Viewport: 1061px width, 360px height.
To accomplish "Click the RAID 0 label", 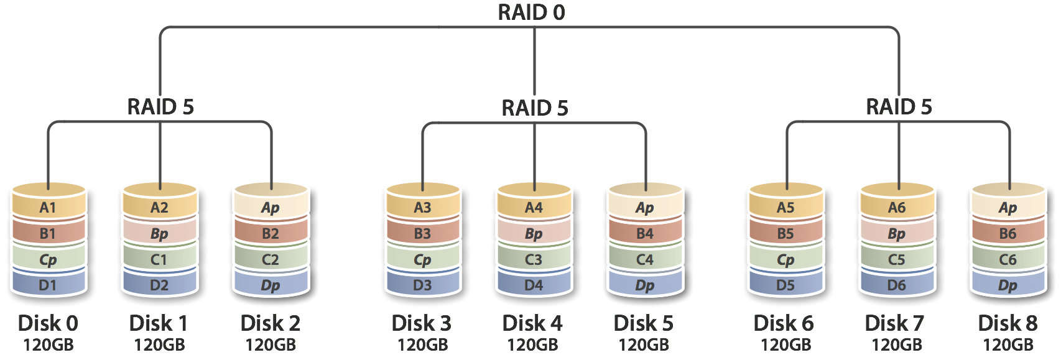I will (x=532, y=12).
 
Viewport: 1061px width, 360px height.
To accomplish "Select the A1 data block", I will (x=48, y=208).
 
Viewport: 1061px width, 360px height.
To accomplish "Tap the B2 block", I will (x=271, y=234).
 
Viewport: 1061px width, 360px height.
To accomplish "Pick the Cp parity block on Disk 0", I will (x=48, y=260).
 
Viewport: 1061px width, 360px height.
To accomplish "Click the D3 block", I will (x=422, y=285).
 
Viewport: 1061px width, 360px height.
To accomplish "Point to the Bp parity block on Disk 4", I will (x=534, y=234).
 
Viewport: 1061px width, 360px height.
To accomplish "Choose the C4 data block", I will (x=645, y=260).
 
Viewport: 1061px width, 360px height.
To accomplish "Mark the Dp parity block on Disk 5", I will (x=645, y=285).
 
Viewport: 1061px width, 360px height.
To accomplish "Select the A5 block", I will (x=785, y=208).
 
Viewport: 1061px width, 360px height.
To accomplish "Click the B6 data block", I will (x=1008, y=234).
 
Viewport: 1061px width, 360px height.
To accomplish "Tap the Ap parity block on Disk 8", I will (x=1008, y=208).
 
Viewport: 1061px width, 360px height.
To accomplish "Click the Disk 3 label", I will (x=422, y=323).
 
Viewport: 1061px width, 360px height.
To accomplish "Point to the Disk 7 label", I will (x=896, y=323).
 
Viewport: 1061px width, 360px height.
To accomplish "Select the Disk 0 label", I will (x=48, y=323).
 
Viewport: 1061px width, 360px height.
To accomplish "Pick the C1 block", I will (x=159, y=260).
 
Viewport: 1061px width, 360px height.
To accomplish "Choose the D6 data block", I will (x=896, y=285).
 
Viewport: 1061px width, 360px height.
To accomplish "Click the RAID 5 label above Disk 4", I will (x=534, y=108).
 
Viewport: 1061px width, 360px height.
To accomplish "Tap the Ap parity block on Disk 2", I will (x=271, y=208).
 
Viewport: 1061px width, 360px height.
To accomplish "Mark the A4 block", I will (x=534, y=208).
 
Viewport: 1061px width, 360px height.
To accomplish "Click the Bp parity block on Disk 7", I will (x=896, y=234).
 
